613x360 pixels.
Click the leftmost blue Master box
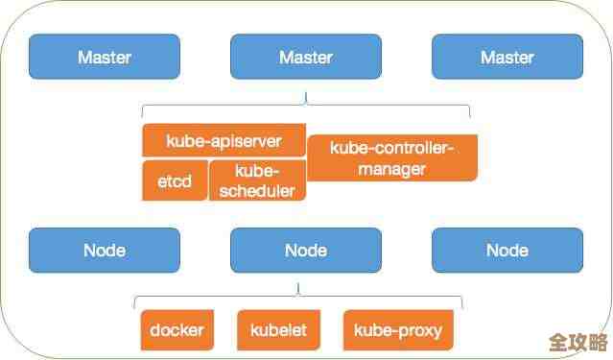click(104, 58)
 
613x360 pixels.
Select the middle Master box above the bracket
click(305, 58)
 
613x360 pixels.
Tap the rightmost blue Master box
click(507, 58)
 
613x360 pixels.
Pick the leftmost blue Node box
click(104, 251)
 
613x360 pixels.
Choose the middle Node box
click(305, 251)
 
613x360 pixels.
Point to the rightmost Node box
click(507, 251)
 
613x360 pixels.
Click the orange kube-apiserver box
click(224, 140)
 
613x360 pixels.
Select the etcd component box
click(174, 180)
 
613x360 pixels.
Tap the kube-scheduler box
click(256, 180)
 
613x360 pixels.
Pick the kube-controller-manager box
click(391, 157)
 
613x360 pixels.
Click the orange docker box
click(177, 331)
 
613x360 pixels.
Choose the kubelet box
click(278, 331)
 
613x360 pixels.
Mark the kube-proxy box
click(397, 331)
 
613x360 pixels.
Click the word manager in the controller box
click(391, 169)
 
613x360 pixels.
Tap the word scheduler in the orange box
click(256, 189)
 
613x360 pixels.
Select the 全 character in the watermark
click(559, 344)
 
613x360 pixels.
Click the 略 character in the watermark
click(596, 344)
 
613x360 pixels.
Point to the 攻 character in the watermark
click(578, 344)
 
